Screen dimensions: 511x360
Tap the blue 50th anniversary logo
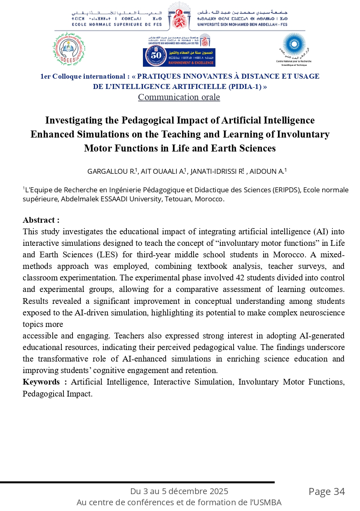[x=179, y=56]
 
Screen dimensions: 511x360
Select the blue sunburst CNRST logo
[x=294, y=46]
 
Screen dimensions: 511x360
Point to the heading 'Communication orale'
[x=179, y=97]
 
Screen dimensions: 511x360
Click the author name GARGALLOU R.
[x=112, y=171]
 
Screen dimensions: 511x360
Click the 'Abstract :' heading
[x=41, y=220]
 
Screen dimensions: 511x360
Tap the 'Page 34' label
[x=327, y=491]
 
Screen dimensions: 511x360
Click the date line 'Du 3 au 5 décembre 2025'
[x=179, y=491]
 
